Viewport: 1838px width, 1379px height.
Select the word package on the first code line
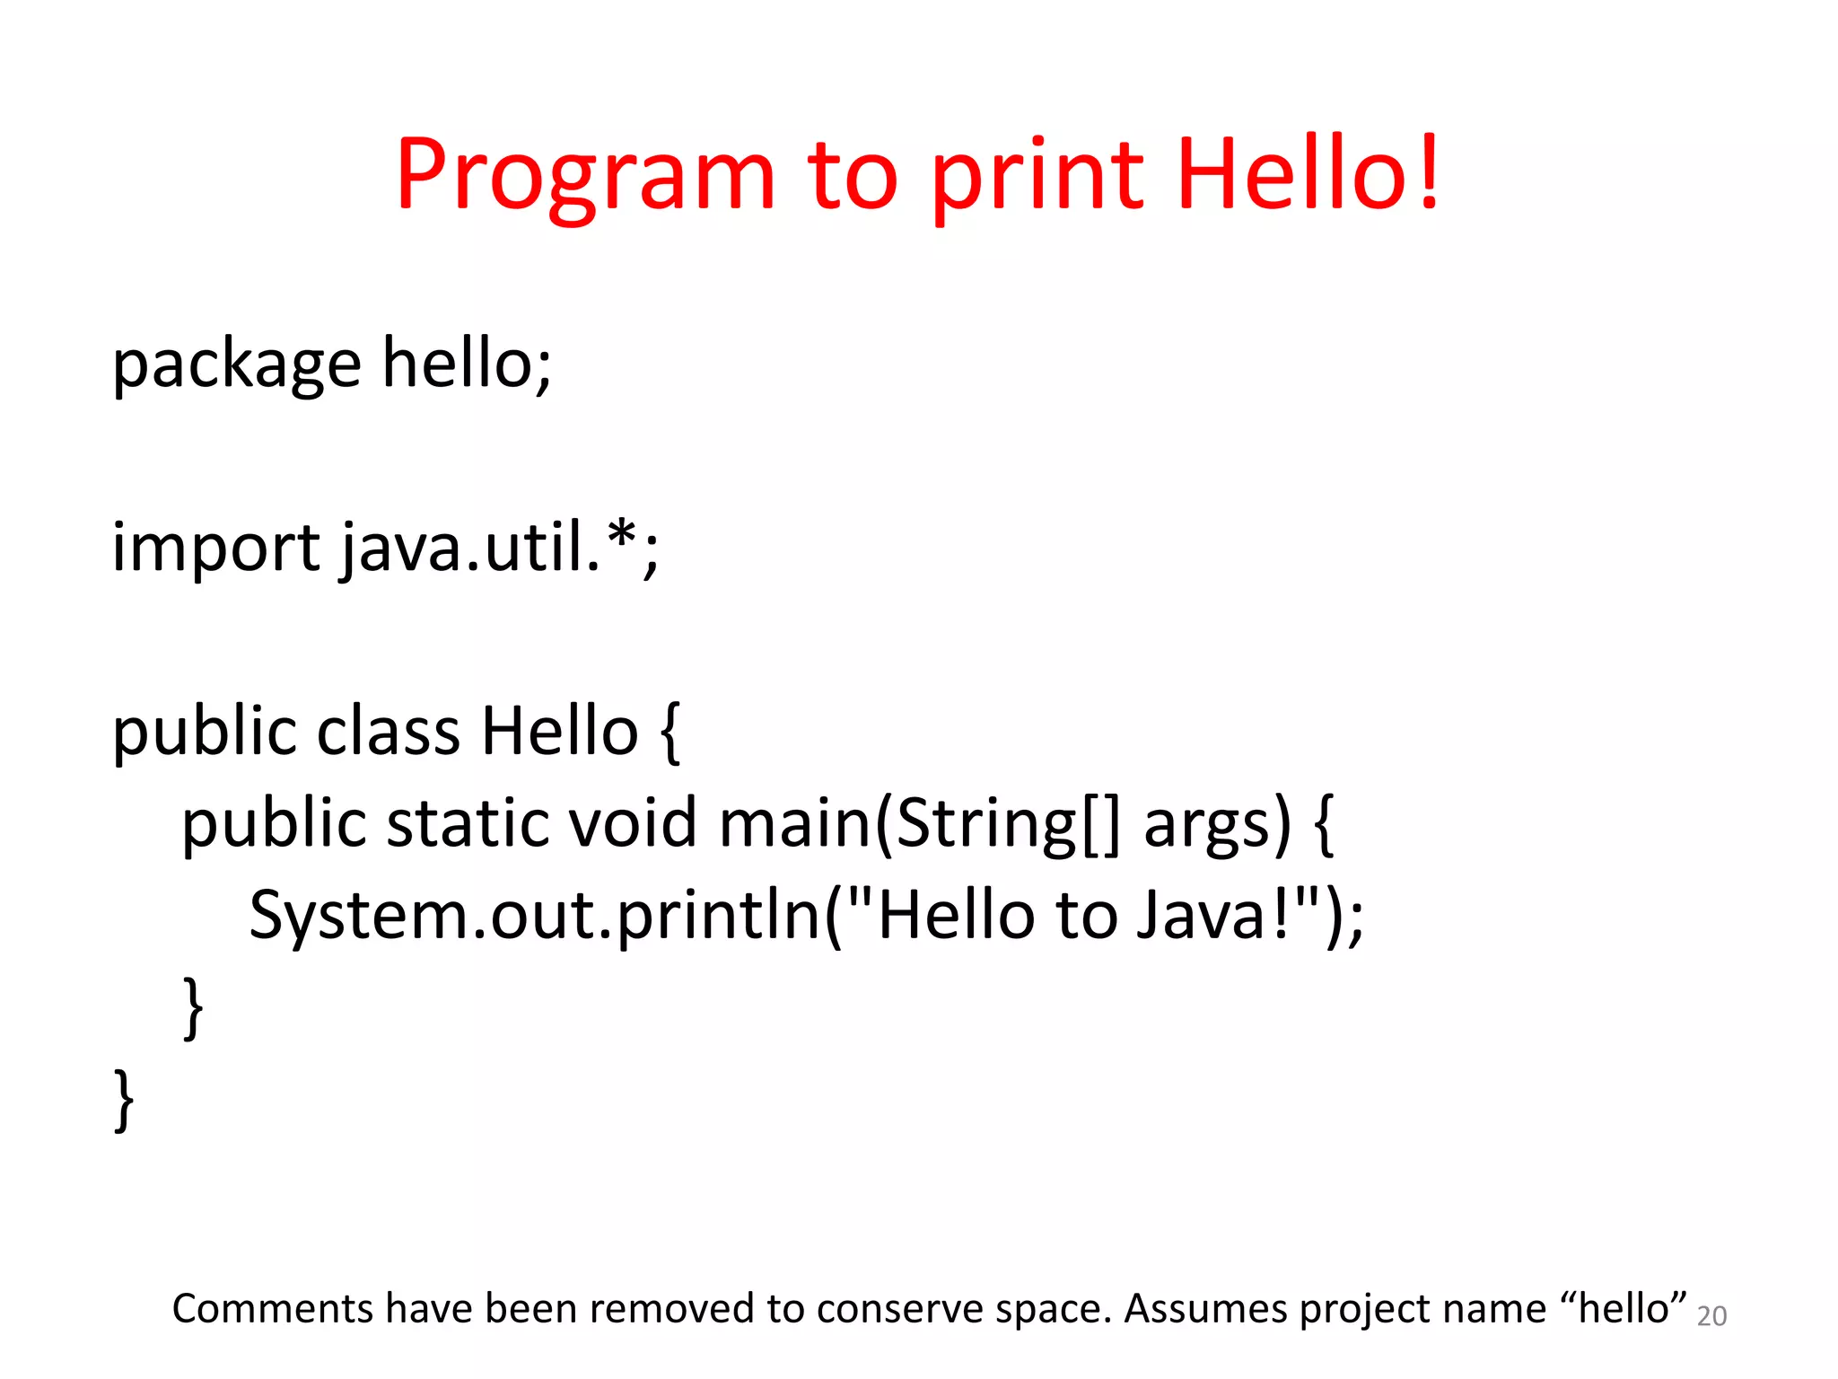coord(236,365)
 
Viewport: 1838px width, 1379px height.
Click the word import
coord(215,549)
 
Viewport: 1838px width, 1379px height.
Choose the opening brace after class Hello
coord(670,732)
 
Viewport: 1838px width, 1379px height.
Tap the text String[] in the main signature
coord(1007,824)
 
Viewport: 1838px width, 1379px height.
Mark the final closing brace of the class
coord(124,1100)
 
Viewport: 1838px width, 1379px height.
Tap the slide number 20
coord(1711,1316)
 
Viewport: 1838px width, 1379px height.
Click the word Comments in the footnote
coord(272,1309)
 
